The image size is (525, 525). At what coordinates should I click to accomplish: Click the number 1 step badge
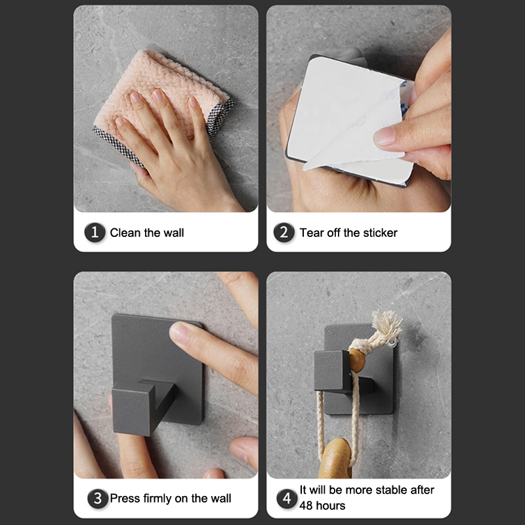(94, 232)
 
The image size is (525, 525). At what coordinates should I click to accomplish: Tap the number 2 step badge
(284, 232)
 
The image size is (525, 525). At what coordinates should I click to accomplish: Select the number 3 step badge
(97, 498)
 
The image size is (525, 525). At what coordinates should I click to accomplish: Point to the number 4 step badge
(287, 498)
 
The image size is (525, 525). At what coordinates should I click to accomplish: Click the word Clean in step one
(125, 233)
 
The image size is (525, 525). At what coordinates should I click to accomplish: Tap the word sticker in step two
(380, 233)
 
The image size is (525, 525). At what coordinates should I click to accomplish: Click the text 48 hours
(322, 505)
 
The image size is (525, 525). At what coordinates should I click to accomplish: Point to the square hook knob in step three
(133, 409)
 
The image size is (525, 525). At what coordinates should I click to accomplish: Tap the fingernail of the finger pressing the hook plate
(180, 331)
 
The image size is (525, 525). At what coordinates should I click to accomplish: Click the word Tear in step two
(311, 233)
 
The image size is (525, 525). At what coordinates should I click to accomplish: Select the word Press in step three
(125, 499)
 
